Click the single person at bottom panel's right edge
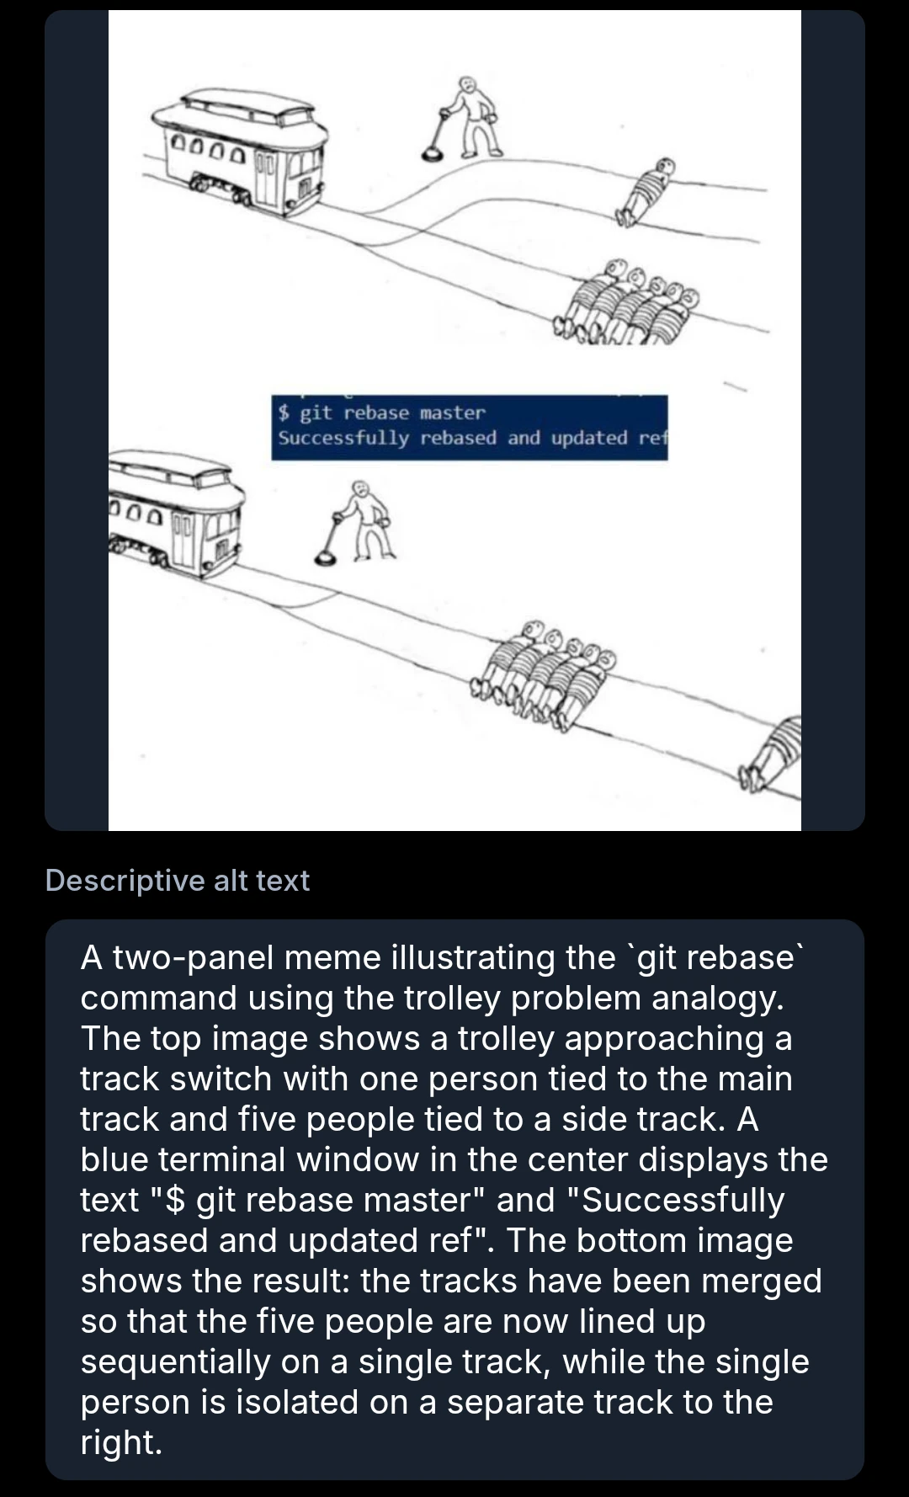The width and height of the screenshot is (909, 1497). [775, 754]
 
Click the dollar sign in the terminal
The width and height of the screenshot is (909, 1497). [284, 413]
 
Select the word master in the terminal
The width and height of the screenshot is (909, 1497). [452, 413]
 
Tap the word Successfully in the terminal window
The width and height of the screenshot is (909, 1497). [343, 438]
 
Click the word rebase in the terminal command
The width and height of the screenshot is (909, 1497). [376, 413]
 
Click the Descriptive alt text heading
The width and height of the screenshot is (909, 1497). [178, 880]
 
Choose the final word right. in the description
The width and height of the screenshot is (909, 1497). [120, 1442]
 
